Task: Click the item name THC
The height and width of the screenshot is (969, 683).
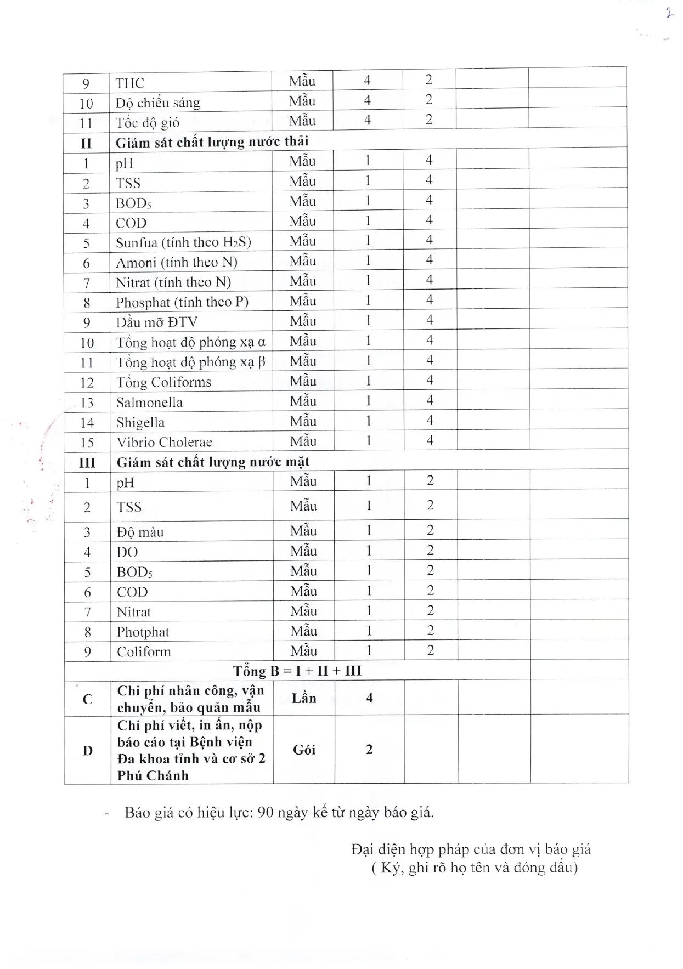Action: click(x=130, y=83)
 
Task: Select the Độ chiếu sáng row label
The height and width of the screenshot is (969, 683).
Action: click(x=157, y=103)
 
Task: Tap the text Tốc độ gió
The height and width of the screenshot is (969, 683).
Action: click(x=147, y=123)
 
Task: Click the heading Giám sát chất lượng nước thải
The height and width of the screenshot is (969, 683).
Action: click(x=212, y=143)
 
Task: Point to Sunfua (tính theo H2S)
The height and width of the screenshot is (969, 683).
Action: click(x=183, y=242)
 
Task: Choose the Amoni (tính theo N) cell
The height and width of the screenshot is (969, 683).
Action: click(x=176, y=263)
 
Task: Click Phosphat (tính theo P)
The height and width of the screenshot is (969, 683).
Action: click(x=182, y=302)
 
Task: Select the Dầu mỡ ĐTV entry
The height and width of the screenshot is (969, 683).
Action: click(x=156, y=322)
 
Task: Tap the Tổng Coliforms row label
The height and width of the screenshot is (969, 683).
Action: click(x=163, y=382)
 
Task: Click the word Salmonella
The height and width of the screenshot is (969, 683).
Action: click(x=149, y=403)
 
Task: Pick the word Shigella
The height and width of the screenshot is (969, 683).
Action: click(x=140, y=423)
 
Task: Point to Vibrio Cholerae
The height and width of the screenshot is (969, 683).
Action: click(x=164, y=443)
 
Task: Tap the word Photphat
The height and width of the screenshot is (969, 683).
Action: click(x=143, y=632)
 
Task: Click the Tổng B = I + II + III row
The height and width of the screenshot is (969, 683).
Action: click(x=297, y=671)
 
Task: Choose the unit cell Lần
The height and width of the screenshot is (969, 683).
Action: click(x=303, y=698)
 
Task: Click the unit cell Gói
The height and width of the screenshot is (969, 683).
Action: click(x=303, y=750)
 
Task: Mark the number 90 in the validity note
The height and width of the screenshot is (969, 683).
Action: click(x=265, y=812)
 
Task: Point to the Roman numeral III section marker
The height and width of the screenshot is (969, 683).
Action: click(x=87, y=463)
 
